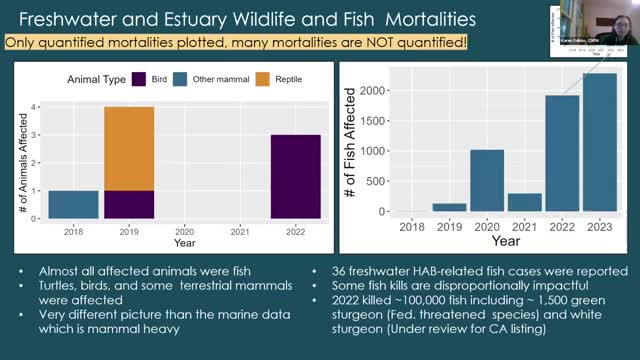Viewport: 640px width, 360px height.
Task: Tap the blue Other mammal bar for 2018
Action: point(73,204)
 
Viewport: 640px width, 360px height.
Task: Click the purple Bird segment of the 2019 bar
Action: point(129,204)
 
